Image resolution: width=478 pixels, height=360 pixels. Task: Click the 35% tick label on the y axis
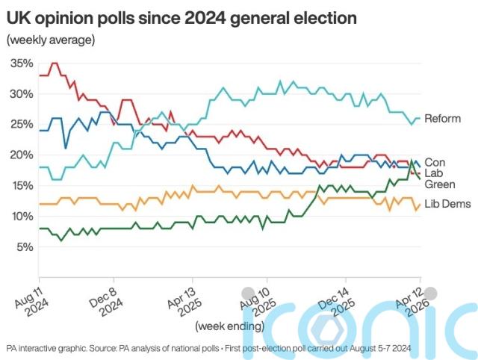pyautogui.click(x=22, y=63)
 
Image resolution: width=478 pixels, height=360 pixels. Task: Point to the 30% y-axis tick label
pyautogui.click(x=22, y=94)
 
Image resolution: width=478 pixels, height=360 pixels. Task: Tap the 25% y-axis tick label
pyautogui.click(x=22, y=125)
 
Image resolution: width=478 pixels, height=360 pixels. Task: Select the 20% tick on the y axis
pyautogui.click(x=22, y=155)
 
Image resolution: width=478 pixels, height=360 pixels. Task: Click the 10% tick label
pyautogui.click(x=22, y=217)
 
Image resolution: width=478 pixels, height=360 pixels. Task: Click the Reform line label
pyautogui.click(x=442, y=119)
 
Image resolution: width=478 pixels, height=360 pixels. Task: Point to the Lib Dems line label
pyautogui.click(x=446, y=204)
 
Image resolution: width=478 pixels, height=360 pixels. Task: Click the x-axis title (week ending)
pyautogui.click(x=229, y=326)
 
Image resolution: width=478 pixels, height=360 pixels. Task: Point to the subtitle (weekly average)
pyautogui.click(x=50, y=40)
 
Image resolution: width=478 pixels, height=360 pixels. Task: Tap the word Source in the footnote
pyautogui.click(x=103, y=349)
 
